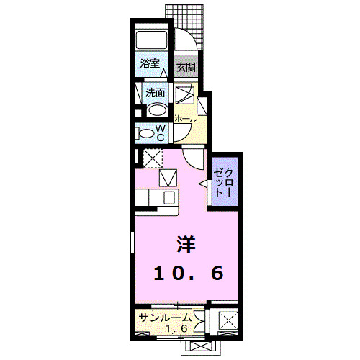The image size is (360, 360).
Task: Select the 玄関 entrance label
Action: (x=186, y=68)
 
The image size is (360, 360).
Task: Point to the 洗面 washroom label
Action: (x=155, y=93)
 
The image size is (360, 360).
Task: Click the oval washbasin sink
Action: (x=156, y=111)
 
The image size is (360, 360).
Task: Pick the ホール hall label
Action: (x=186, y=117)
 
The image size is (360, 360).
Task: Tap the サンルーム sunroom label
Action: (x=165, y=317)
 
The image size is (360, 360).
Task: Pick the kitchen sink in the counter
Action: (x=168, y=197)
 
